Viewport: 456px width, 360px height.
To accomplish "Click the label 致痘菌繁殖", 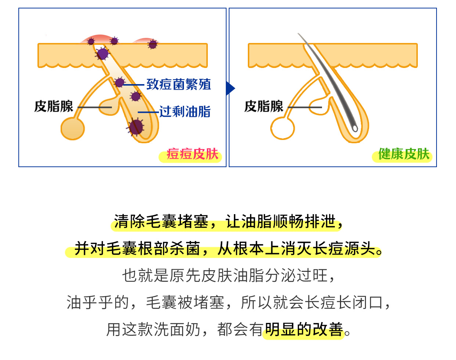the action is tap(179, 84).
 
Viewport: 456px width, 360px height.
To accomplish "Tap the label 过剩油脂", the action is tap(185, 112).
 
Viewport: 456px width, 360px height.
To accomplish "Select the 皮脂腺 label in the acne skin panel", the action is tap(54, 107).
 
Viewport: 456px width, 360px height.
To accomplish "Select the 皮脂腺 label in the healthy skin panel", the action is tap(264, 107).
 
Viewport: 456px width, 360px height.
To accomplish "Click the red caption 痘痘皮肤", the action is tap(192, 154).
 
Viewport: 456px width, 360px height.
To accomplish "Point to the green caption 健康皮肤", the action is tap(403, 154).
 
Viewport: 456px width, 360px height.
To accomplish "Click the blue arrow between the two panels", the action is tap(230, 88).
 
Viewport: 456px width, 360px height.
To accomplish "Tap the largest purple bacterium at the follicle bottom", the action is tap(136, 127).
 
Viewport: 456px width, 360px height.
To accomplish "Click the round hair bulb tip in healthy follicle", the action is tap(355, 129).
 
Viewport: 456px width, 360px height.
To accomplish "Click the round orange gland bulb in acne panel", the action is tap(72, 129).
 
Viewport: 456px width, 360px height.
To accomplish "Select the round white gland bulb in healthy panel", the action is tap(282, 129).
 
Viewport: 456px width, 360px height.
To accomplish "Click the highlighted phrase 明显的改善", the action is tap(304, 330).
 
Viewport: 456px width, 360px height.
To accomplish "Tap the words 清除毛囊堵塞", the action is tap(161, 222).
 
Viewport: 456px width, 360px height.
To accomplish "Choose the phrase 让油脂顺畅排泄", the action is tap(281, 222).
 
